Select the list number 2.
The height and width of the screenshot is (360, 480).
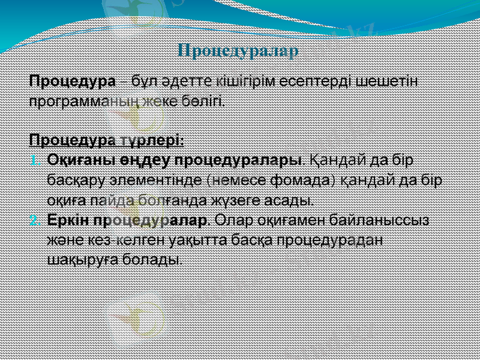(34, 220)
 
